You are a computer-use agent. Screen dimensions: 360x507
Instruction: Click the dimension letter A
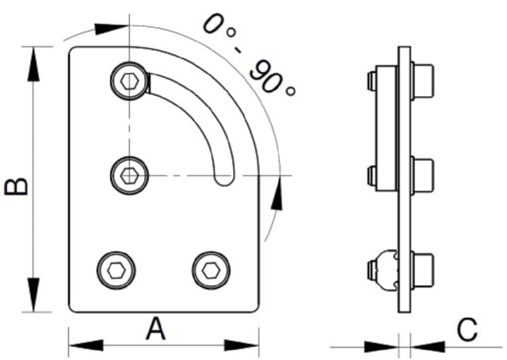coord(156,328)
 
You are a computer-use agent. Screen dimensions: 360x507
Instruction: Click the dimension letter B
coord(16,186)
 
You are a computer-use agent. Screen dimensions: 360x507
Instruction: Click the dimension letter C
coord(467,329)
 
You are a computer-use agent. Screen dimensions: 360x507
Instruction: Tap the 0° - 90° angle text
coord(248,54)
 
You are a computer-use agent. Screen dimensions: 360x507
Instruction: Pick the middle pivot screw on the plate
coord(128,174)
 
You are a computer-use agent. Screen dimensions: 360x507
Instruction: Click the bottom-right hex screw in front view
coord(210,270)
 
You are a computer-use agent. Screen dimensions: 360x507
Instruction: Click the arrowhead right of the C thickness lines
coord(427,346)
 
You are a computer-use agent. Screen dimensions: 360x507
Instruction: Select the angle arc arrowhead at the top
coord(109,29)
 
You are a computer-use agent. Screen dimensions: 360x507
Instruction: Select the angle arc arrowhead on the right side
coord(276,193)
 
